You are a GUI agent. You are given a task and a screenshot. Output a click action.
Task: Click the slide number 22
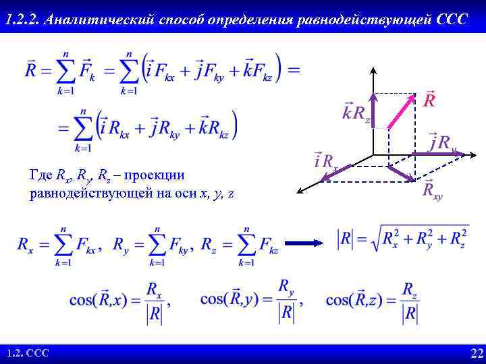(477, 353)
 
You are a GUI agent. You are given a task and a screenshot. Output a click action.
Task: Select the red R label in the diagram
(429, 101)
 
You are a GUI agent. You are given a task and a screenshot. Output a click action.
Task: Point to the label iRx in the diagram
(325, 160)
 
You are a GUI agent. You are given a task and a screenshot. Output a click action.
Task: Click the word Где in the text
(42, 175)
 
